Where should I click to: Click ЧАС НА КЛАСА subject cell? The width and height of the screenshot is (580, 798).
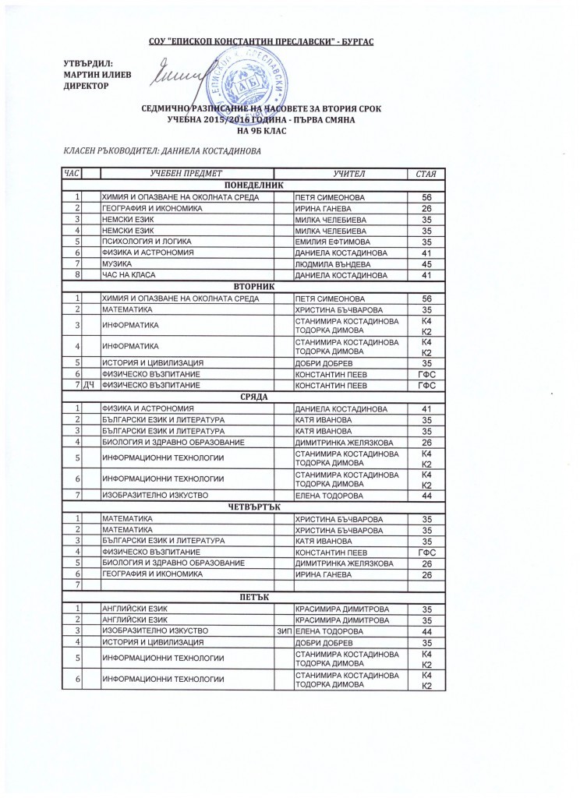click(129, 275)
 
